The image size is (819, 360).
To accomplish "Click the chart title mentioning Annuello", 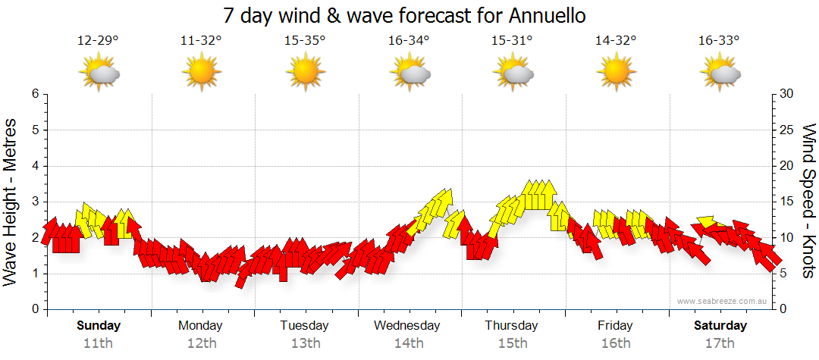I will point(405,15).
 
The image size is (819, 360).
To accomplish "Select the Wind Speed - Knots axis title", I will point(808,201).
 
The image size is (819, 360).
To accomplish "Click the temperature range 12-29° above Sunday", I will point(98,41).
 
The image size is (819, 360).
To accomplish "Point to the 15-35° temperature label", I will point(305,41).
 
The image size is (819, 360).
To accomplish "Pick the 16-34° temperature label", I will point(409,41).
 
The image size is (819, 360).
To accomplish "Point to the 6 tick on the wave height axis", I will point(34,94).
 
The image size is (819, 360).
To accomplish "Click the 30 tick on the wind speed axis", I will point(787,94).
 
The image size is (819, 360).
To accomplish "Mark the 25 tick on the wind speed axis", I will point(787,130).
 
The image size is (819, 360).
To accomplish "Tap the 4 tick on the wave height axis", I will point(34,166).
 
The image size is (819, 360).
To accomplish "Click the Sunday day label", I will point(99,326).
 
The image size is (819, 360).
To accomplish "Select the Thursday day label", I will point(512,326).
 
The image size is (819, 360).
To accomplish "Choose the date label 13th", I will point(305,343).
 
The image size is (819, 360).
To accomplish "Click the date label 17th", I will point(720,343).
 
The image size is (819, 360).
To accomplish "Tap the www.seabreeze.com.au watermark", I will point(723,301).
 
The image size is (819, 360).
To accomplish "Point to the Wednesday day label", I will point(407,326).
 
